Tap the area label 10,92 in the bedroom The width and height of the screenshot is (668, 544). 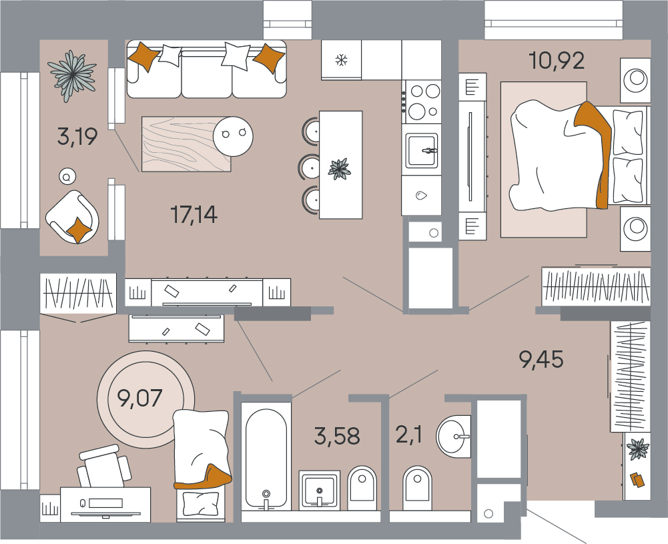tap(557, 61)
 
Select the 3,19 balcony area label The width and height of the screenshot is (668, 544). tap(77, 136)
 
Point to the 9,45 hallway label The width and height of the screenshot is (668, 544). tap(541, 358)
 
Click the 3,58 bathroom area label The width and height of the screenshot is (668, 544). tap(337, 437)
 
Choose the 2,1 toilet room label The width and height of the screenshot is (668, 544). tap(409, 435)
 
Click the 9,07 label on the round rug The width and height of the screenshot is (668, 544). tap(139, 398)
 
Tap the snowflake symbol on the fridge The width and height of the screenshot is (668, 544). tap(341, 59)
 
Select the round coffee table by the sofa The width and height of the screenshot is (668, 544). tap(233, 136)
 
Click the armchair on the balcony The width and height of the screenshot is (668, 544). tap(73, 217)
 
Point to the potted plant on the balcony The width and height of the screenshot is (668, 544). tap(72, 76)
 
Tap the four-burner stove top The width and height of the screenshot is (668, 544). tap(421, 101)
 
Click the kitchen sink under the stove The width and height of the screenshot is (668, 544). tap(421, 150)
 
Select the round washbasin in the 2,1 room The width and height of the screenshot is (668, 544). tap(453, 437)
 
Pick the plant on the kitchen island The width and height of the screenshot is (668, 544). tap(340, 169)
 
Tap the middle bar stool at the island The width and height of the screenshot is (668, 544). tap(310, 167)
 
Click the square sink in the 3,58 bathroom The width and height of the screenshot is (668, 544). tap(320, 489)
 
